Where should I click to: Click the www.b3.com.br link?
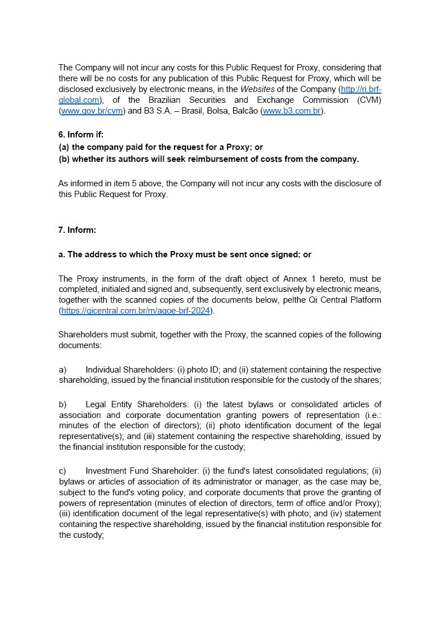coord(292,111)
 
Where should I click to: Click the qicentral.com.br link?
coord(135,311)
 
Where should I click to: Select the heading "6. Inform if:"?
coord(81,135)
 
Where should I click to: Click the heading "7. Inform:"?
coord(77,230)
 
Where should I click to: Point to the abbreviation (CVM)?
coord(369,100)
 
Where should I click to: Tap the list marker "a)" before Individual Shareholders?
coord(63,370)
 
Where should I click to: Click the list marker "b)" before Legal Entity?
coord(63,404)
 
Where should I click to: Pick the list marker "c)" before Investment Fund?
coord(63,471)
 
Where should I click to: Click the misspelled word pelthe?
coord(293,300)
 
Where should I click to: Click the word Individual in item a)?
coord(103,370)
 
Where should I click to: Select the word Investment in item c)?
coord(105,471)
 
